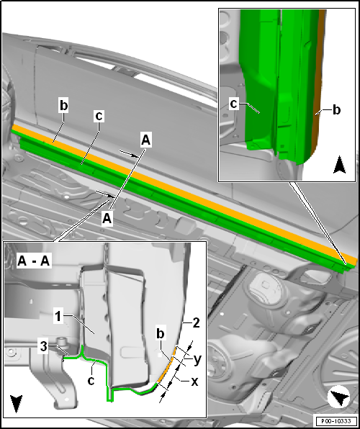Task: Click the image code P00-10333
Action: click(x=336, y=420)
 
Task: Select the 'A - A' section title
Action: click(x=33, y=261)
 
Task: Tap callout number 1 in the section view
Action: click(x=58, y=317)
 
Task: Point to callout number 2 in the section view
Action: click(x=196, y=323)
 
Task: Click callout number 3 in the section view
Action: click(x=45, y=346)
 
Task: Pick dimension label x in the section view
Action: click(x=194, y=381)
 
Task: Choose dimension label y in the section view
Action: click(x=198, y=359)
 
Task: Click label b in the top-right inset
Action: click(x=336, y=109)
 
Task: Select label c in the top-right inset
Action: click(x=233, y=104)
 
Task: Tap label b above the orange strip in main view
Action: click(x=63, y=106)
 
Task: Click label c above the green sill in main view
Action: click(x=99, y=116)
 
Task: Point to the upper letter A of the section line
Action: click(x=145, y=140)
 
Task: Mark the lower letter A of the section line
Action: click(x=107, y=219)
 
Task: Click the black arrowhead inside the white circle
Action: click(x=339, y=397)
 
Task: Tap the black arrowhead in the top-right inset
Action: click(x=340, y=165)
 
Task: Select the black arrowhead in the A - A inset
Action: click(x=16, y=403)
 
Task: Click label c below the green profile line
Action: click(x=91, y=380)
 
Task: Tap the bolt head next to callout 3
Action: click(x=62, y=343)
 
